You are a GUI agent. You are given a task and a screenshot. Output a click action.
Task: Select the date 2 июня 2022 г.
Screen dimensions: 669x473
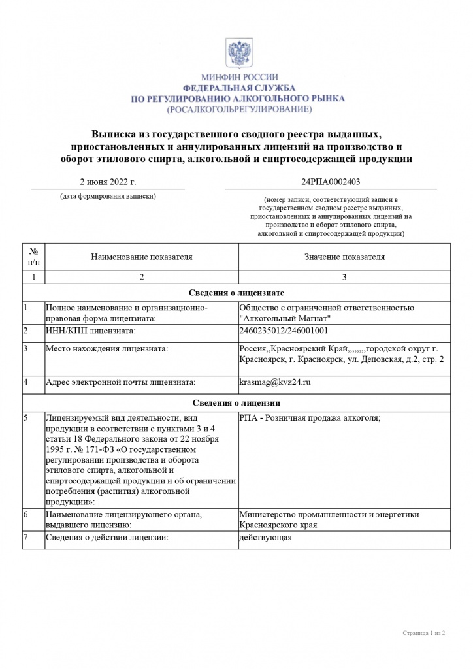click(x=108, y=182)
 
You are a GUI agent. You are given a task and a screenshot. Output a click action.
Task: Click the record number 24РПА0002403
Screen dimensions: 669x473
click(x=331, y=182)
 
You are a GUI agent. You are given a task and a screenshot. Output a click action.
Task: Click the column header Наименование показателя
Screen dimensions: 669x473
click(x=142, y=257)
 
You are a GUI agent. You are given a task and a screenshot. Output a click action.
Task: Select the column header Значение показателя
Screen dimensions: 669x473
click(x=344, y=257)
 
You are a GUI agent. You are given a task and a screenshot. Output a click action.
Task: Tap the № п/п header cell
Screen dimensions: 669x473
click(x=33, y=257)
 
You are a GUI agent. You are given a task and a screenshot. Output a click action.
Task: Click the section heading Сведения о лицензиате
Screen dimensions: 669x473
click(x=236, y=293)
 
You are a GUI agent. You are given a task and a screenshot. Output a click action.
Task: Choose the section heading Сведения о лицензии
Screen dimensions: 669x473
click(x=236, y=403)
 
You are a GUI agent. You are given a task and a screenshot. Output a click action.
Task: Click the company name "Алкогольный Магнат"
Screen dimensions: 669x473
click(x=285, y=318)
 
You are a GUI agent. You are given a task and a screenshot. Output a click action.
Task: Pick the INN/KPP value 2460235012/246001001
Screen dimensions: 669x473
click(x=284, y=331)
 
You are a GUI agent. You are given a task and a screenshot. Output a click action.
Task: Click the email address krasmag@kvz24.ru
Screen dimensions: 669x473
click(x=275, y=382)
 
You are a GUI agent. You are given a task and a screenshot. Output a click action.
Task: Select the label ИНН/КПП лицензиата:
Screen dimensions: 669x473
click(x=90, y=331)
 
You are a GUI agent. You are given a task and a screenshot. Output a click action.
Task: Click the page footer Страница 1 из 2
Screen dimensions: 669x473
click(x=423, y=633)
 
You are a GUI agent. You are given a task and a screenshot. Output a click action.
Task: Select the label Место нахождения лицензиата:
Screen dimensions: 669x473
click(x=106, y=348)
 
